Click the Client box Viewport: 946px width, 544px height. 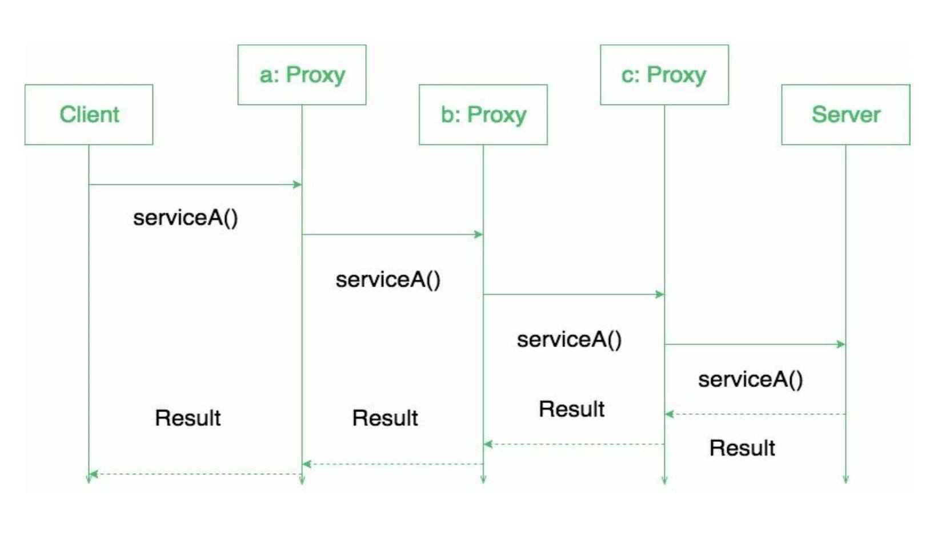tap(89, 114)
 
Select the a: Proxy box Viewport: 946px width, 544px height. tap(302, 75)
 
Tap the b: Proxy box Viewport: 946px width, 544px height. tap(483, 114)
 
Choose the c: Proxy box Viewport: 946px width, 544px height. tap(664, 75)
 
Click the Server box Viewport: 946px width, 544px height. tap(845, 114)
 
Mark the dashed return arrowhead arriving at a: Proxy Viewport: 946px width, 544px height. tap(307, 464)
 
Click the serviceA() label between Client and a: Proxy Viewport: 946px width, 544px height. tap(185, 218)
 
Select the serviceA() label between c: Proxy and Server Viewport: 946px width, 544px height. tap(750, 380)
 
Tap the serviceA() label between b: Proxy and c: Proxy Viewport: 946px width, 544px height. tap(569, 340)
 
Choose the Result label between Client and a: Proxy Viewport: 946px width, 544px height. tap(187, 418)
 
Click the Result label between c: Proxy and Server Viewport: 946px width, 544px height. tap(742, 448)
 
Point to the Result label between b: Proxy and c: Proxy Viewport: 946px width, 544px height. tap(571, 409)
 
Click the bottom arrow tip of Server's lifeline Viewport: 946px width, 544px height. tap(845, 481)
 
